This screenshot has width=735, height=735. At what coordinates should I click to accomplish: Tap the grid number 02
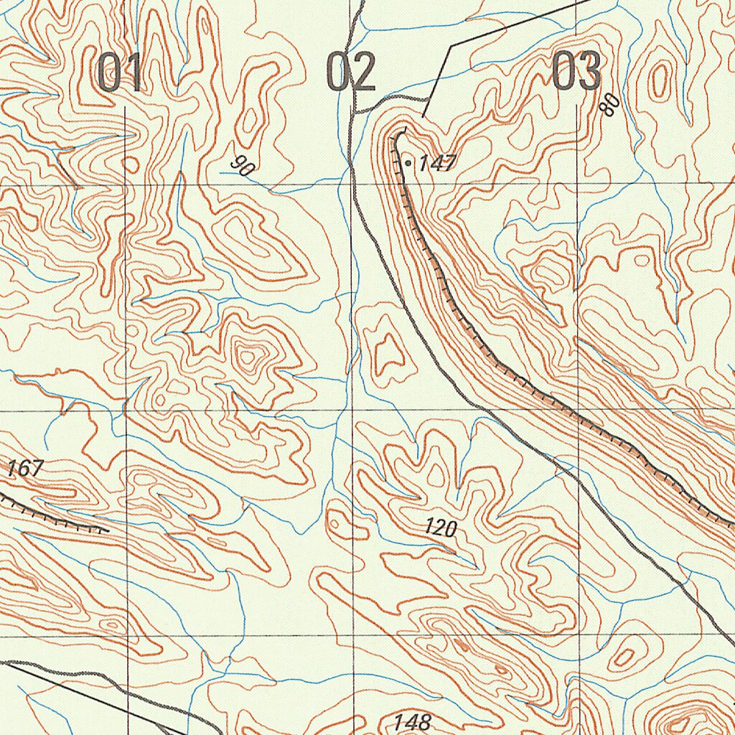pyautogui.click(x=351, y=72)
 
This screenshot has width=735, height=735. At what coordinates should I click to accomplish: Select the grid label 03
pyautogui.click(x=577, y=72)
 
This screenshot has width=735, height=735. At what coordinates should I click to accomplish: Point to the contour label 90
pyautogui.click(x=243, y=167)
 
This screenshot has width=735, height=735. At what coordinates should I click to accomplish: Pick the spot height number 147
pyautogui.click(x=437, y=164)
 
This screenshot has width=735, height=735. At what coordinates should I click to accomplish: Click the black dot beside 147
pyautogui.click(x=408, y=164)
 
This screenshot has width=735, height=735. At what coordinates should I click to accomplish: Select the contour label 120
pyautogui.click(x=440, y=529)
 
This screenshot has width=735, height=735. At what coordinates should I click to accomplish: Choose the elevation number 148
pyautogui.click(x=412, y=721)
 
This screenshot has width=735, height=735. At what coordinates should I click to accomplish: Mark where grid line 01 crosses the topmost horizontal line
pyautogui.click(x=126, y=184)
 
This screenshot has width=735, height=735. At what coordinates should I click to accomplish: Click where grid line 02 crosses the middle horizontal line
pyautogui.click(x=353, y=411)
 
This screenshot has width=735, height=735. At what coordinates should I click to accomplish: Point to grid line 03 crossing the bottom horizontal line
pyautogui.click(x=579, y=635)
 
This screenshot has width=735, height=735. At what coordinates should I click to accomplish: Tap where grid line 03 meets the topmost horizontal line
pyautogui.click(x=579, y=184)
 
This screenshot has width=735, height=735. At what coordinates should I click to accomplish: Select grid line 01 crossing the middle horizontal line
pyautogui.click(x=127, y=411)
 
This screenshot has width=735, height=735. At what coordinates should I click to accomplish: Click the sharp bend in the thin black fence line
pyautogui.click(x=450, y=47)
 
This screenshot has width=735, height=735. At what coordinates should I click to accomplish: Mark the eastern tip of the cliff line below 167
pyautogui.click(x=108, y=530)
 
